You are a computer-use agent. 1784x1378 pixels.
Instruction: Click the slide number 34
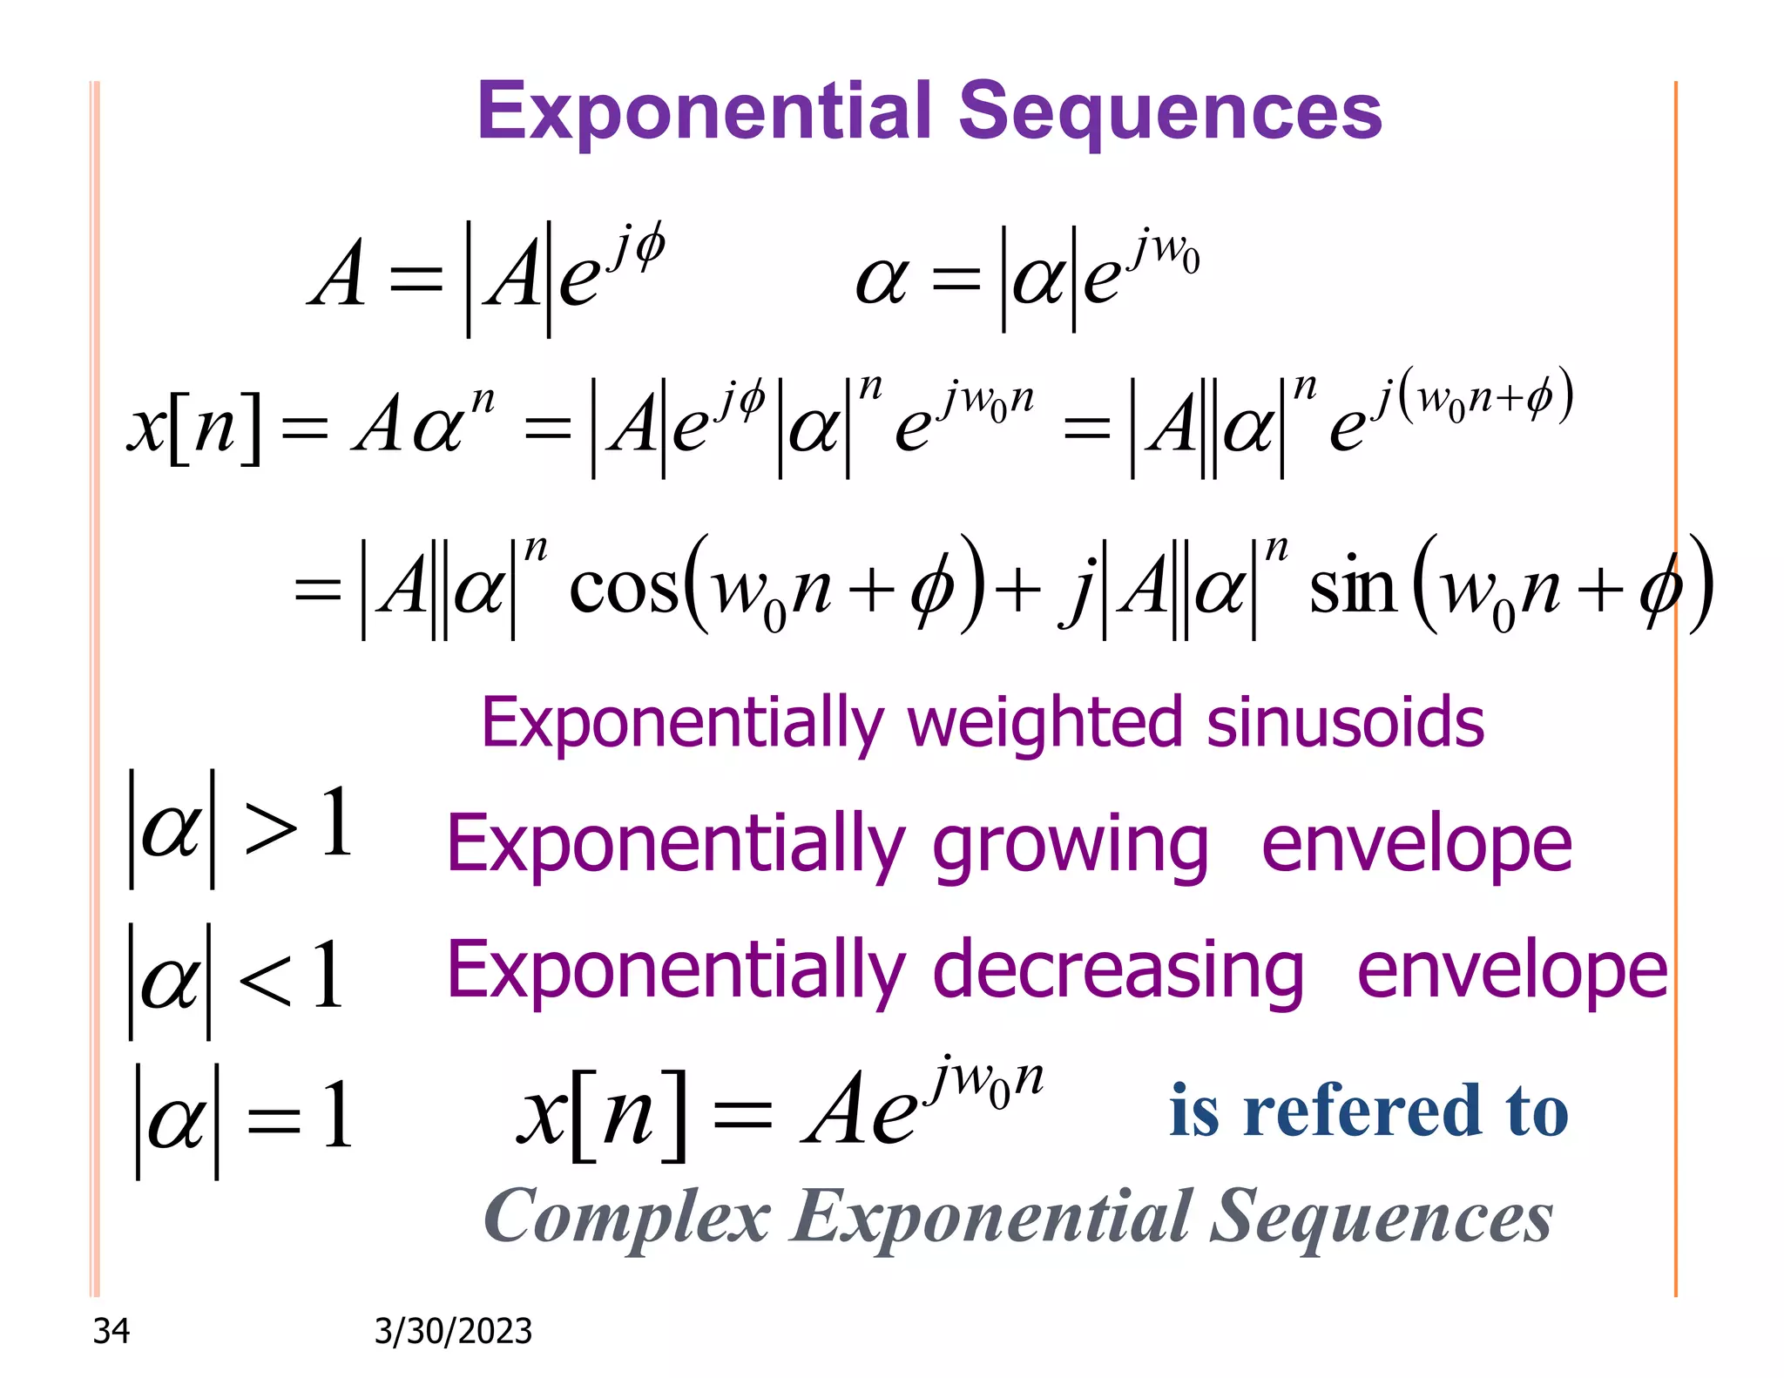click(x=111, y=1331)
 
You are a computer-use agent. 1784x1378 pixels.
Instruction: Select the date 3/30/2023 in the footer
click(x=453, y=1331)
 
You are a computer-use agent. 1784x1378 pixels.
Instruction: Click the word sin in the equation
click(x=1353, y=588)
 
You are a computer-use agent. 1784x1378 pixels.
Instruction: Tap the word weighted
click(x=1044, y=723)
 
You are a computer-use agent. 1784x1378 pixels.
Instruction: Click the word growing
click(x=1071, y=845)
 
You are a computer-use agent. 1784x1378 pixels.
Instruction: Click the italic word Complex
click(x=627, y=1217)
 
